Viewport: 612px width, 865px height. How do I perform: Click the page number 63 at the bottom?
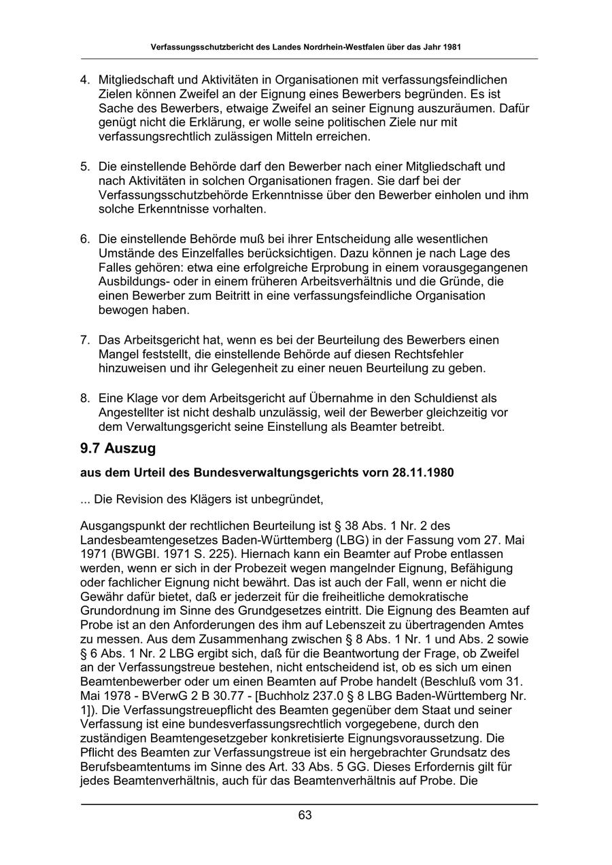[x=305, y=815]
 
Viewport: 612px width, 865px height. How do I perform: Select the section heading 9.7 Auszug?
[x=118, y=448]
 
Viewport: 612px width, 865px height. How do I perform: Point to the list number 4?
[x=85, y=80]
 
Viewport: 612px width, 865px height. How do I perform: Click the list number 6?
[x=85, y=239]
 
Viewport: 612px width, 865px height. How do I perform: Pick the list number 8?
[x=85, y=398]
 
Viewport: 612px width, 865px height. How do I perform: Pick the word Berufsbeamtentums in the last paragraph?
[x=132, y=767]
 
